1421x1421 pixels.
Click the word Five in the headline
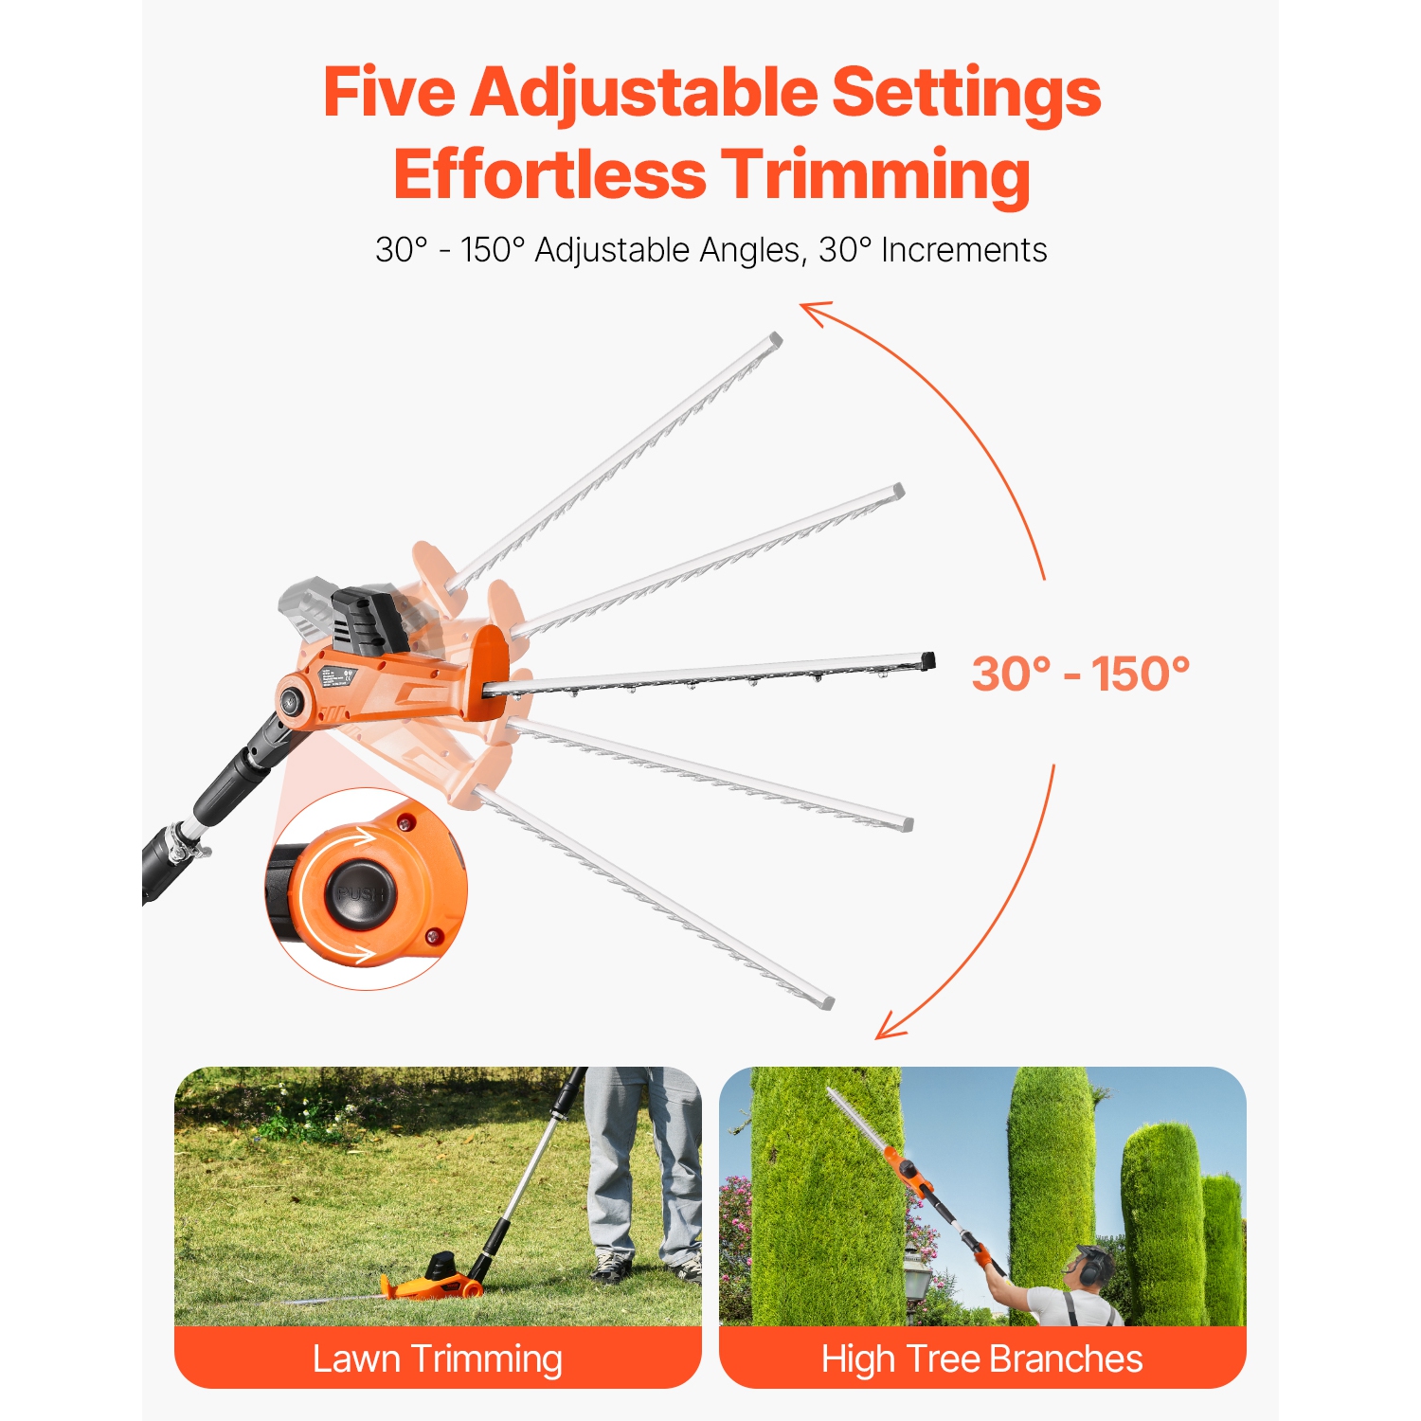point(388,93)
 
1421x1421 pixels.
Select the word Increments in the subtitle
point(963,250)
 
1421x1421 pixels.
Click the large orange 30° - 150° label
point(1080,675)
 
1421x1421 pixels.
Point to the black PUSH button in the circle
point(360,893)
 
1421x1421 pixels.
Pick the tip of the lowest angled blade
point(827,1001)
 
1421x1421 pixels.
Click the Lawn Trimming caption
point(438,1358)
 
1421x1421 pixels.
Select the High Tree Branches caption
point(982,1358)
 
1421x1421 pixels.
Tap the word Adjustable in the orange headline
point(644,93)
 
